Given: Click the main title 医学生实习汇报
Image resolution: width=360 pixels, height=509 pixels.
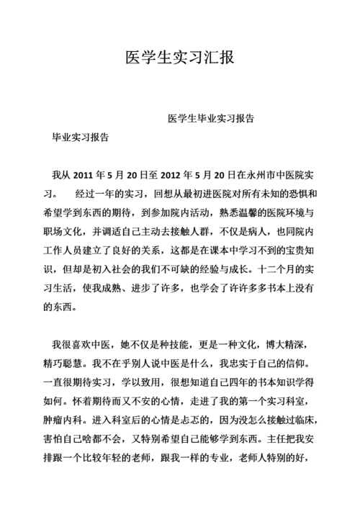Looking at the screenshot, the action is (x=180, y=58).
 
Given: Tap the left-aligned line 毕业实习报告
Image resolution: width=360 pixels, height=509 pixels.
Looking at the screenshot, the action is (x=80, y=137).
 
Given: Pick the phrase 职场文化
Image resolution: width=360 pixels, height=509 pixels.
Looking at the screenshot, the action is (x=63, y=233).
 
